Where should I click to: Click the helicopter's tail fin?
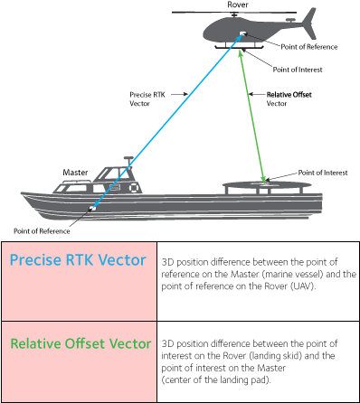(309, 22)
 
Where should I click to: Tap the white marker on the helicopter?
(242, 36)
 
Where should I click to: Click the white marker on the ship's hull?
(92, 208)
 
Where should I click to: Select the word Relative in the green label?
(35, 344)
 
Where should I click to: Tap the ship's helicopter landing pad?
(267, 187)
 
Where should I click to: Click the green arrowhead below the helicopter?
(241, 54)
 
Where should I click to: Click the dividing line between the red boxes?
(79, 321)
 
